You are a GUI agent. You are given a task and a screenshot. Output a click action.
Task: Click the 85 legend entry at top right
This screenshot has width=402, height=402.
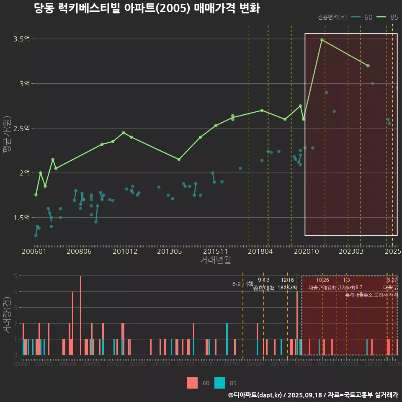point(387,17)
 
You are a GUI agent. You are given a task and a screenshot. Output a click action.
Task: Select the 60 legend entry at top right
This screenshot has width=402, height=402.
point(362,17)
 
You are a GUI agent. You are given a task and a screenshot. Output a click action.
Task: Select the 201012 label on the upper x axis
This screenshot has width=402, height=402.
point(125,252)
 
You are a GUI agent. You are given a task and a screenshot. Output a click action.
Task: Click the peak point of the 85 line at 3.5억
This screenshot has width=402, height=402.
point(322,40)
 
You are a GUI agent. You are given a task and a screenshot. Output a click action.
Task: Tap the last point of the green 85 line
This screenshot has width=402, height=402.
point(368,66)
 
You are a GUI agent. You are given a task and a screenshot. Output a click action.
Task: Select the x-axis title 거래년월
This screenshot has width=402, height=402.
point(215,260)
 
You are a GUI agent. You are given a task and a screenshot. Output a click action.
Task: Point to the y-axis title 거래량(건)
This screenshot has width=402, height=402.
point(7,315)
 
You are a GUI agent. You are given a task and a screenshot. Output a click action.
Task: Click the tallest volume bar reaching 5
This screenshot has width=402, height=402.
point(80,315)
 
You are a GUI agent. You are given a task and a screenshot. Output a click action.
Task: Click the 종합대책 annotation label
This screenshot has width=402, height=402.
point(263,288)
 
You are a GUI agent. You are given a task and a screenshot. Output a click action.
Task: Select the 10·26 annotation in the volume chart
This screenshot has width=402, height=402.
point(322,280)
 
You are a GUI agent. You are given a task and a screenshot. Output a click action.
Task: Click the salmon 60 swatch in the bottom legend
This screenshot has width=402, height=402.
point(192,383)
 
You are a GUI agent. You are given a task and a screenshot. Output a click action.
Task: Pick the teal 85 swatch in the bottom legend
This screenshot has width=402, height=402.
point(220,383)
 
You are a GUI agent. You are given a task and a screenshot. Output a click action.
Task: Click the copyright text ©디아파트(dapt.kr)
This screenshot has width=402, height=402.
point(256,395)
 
